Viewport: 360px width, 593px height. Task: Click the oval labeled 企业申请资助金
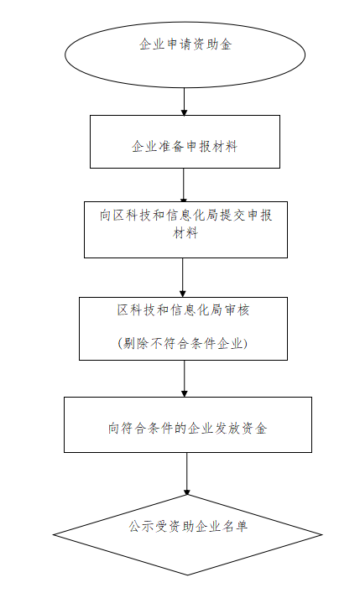pyautogui.click(x=185, y=55)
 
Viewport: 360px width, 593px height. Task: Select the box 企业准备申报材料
pyautogui.click(x=185, y=142)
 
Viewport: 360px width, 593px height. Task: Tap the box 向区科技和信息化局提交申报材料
pyautogui.click(x=185, y=230)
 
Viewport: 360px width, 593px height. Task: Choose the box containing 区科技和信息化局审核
pyautogui.click(x=183, y=328)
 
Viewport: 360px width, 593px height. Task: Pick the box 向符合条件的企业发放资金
pyautogui.click(x=188, y=424)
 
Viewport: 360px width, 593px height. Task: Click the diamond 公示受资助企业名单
pyautogui.click(x=187, y=534)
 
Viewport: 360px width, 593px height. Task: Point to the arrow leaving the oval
pyautogui.click(x=184, y=101)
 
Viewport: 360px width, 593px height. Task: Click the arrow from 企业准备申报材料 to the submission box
pyautogui.click(x=184, y=185)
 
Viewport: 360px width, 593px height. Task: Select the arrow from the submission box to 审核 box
pyautogui.click(x=183, y=278)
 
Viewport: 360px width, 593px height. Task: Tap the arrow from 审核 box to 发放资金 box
pyautogui.click(x=185, y=378)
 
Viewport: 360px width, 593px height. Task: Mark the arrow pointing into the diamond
pyautogui.click(x=186, y=474)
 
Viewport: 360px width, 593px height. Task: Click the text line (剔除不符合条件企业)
pyautogui.click(x=182, y=343)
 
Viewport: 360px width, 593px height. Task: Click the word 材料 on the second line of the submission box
pyautogui.click(x=185, y=232)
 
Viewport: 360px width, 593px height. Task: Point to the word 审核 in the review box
pyautogui.click(x=236, y=310)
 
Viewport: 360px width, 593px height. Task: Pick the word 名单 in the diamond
pyautogui.click(x=235, y=526)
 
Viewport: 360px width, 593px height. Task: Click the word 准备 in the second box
pyautogui.click(x=171, y=146)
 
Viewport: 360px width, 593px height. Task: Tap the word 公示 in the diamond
pyautogui.click(x=141, y=526)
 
